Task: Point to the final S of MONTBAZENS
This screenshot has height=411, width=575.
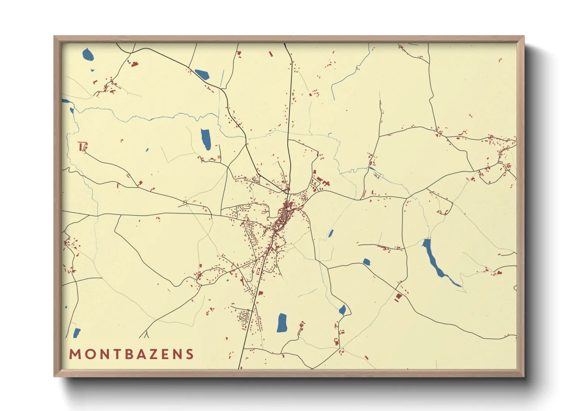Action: coord(190,354)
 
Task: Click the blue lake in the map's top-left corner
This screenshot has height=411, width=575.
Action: coord(88,54)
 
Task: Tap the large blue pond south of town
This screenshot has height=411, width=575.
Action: coord(282,322)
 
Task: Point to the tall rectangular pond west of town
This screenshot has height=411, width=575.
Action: coord(206,139)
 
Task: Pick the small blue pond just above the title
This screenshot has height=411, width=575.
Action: coord(77,333)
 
